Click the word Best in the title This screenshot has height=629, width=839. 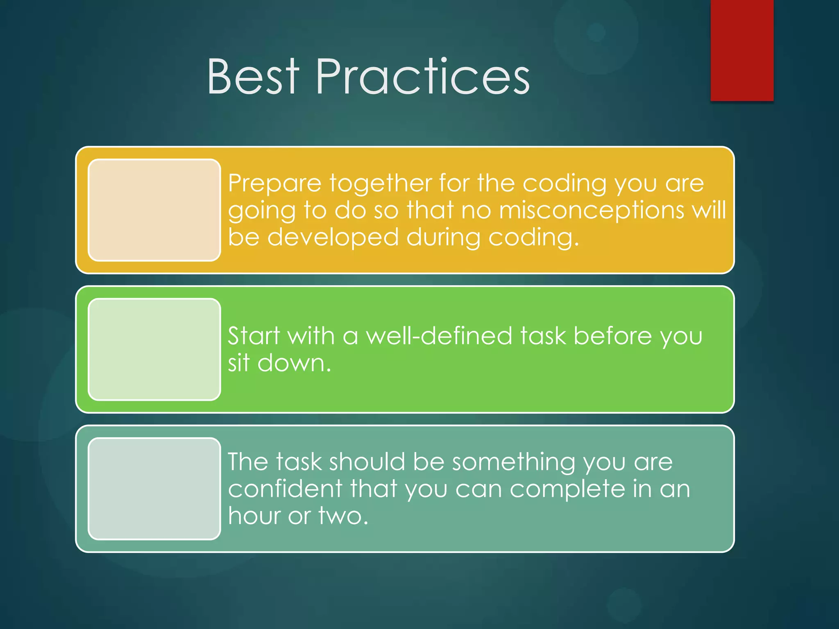(x=253, y=77)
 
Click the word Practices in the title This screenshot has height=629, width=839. (x=423, y=77)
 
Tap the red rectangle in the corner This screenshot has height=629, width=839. (x=741, y=50)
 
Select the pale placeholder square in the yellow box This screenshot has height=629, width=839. (x=154, y=210)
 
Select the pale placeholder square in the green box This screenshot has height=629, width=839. (x=154, y=349)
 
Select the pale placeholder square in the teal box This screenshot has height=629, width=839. (x=154, y=489)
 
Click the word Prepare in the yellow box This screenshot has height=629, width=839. (x=274, y=183)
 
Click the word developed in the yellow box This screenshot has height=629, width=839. (x=333, y=238)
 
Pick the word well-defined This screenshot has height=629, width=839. (x=439, y=336)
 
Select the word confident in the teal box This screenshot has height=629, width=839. (x=285, y=489)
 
